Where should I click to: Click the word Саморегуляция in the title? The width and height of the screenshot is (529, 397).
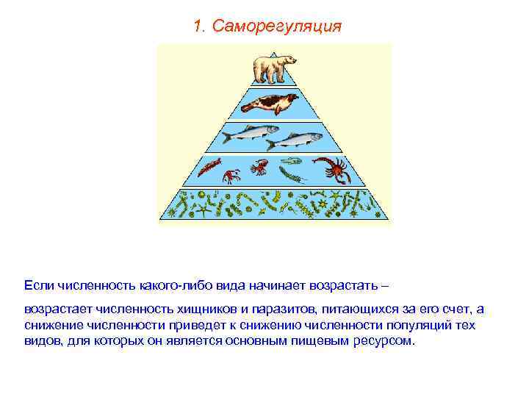(x=277, y=26)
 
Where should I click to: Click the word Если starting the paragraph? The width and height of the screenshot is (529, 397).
(x=37, y=284)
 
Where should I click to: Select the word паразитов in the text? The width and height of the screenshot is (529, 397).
(x=276, y=311)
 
